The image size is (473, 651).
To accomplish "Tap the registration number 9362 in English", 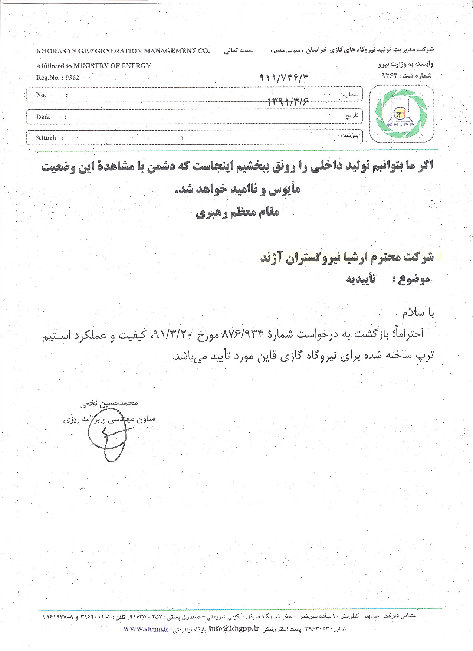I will [72, 78].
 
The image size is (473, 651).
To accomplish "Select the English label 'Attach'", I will [46, 138].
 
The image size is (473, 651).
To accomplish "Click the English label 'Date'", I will [43, 117].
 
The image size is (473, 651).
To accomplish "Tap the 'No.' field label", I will [41, 95].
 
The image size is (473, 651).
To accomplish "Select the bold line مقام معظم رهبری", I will [237, 212].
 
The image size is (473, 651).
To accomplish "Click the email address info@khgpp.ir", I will [233, 629].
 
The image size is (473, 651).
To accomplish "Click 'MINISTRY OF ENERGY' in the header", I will [112, 66].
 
